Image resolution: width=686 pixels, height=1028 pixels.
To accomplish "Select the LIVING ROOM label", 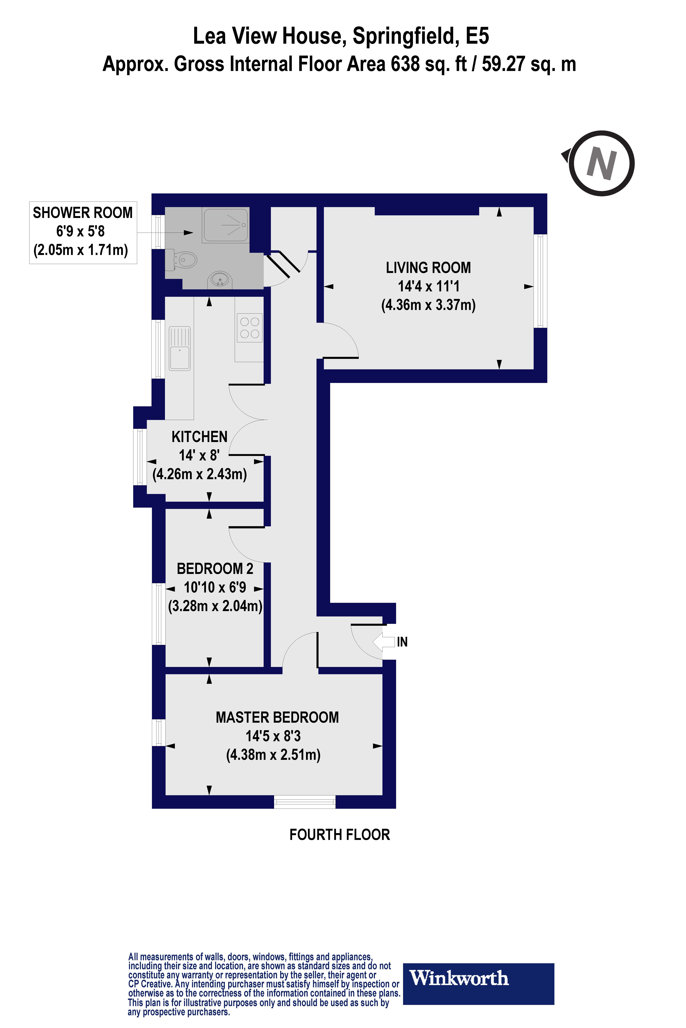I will click(x=428, y=267).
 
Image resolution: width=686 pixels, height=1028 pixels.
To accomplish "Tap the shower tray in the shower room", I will click(x=225, y=225).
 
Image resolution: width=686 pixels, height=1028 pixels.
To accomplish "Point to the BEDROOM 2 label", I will click(x=215, y=569).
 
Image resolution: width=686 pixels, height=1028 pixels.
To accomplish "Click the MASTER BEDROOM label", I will click(x=277, y=717).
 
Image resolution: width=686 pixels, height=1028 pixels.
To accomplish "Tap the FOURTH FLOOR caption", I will click(x=339, y=835).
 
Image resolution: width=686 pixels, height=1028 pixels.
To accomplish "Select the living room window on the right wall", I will click(x=541, y=281).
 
